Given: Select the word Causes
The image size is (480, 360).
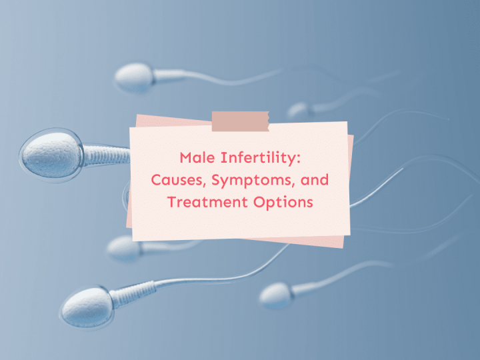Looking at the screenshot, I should pyautogui.click(x=177, y=180).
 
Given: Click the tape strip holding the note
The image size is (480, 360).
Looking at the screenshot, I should pyautogui.click(x=240, y=121).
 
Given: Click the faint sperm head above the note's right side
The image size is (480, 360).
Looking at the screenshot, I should pyautogui.click(x=299, y=111).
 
